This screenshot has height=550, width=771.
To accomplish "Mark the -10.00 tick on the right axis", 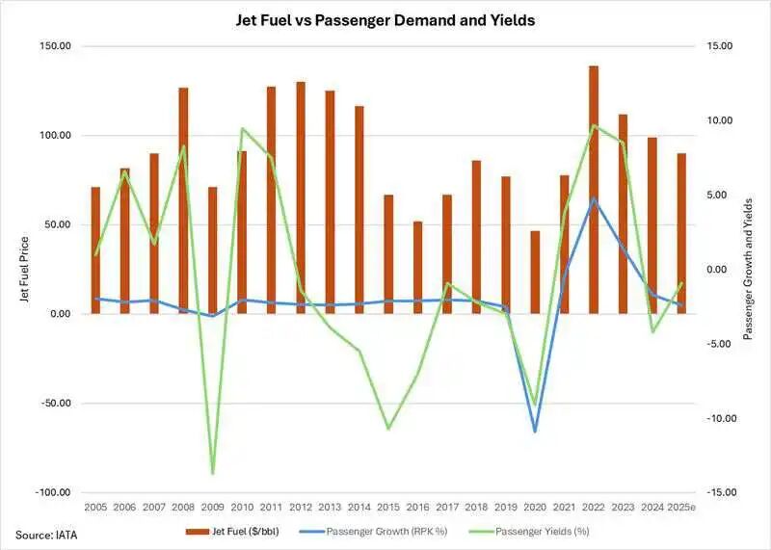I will tap(719, 418).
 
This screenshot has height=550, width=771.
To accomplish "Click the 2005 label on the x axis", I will tap(95, 507).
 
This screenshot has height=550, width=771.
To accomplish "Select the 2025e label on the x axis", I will tap(682, 507).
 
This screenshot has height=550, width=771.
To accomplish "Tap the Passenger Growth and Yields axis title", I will tap(749, 269).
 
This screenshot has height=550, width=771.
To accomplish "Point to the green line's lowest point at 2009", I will tap(213, 474).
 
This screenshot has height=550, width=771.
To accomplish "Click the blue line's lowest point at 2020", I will tap(535, 432).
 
